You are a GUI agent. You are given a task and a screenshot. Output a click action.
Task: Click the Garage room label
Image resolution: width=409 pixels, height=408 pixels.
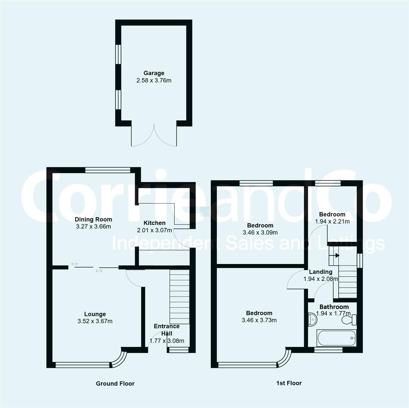tap(154, 73)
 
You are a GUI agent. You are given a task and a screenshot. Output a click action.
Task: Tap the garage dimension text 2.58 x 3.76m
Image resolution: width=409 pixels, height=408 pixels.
tap(154, 80)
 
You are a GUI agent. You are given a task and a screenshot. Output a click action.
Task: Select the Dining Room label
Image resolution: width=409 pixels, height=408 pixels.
tap(93, 219)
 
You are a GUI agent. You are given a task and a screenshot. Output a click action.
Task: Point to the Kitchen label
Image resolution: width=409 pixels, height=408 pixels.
tap(154, 223)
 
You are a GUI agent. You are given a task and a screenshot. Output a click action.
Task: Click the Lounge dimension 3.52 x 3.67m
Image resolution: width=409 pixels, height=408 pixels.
tap(95, 321)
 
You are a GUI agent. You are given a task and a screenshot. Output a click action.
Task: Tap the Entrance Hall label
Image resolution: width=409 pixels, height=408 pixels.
tap(167, 330)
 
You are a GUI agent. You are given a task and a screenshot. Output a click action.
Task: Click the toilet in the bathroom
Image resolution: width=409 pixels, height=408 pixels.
tap(349, 320)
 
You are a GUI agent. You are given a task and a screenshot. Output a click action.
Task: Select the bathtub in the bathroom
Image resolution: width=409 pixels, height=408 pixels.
tap(336, 338)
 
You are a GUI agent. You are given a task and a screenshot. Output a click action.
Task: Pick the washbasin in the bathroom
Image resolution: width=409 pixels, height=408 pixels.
tap(312, 319)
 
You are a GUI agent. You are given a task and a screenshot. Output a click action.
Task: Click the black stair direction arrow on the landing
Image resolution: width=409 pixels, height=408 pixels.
tap(337, 255)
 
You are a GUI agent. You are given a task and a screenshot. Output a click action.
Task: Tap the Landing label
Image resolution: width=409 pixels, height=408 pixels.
tap(321, 272)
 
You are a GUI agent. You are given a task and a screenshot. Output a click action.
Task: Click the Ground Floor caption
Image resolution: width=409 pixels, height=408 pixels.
tap(115, 383)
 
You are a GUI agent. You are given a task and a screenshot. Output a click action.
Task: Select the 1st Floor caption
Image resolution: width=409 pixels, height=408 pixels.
tap(289, 383)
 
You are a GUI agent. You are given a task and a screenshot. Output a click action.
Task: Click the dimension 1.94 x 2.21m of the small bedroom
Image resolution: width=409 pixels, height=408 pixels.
tap(332, 221)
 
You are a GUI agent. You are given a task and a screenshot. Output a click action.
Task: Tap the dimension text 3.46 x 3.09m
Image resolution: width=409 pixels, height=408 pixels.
tap(260, 232)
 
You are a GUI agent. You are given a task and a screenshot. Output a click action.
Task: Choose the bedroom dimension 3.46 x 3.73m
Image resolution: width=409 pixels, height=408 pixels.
tap(259, 320)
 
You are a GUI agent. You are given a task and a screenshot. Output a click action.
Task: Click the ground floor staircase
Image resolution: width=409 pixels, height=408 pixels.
tap(179, 297)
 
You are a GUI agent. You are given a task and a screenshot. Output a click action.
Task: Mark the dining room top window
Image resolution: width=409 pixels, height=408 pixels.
tap(108, 170)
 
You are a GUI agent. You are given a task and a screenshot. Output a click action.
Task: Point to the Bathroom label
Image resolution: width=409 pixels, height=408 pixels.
tap(334, 307)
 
